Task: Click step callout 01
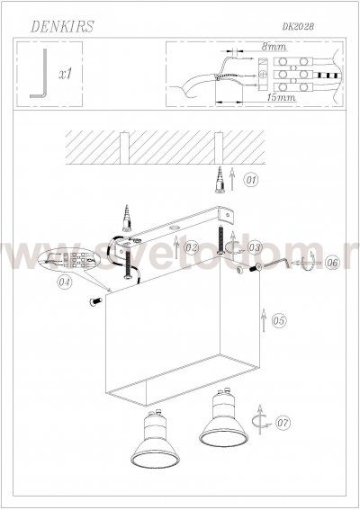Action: click(x=250, y=181)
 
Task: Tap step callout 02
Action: click(x=191, y=246)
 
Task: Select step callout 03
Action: click(x=255, y=247)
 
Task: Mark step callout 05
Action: click(x=279, y=320)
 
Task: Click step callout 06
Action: click(x=331, y=264)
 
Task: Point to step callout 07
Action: click(x=283, y=420)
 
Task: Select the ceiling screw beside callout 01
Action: click(x=220, y=182)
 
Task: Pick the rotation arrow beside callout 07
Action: click(x=262, y=419)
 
